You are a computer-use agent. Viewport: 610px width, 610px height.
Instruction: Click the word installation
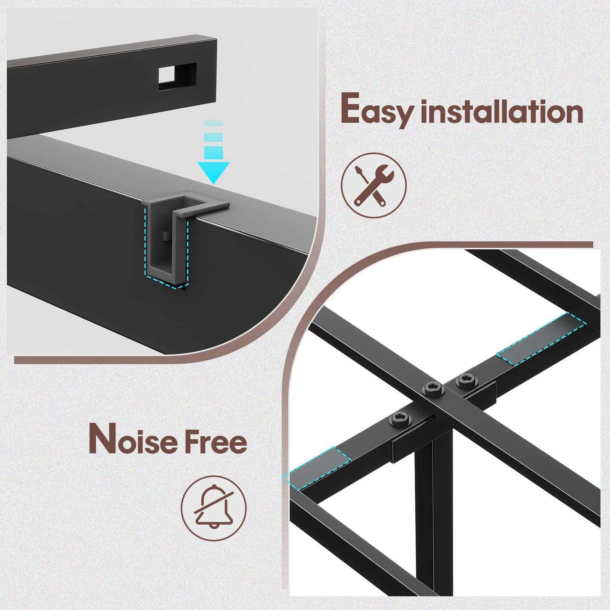tap(502, 111)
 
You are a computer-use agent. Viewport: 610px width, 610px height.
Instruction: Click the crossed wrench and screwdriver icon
tap(373, 185)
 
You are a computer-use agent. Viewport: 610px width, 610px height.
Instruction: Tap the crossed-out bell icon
tap(213, 508)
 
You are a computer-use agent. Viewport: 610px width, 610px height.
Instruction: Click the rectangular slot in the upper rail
tap(177, 76)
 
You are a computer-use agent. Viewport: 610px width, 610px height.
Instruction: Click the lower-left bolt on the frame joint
tap(400, 419)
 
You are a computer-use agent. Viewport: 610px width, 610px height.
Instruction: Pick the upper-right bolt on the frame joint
tap(466, 380)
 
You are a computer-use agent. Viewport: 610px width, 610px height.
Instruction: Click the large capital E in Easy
tap(351, 108)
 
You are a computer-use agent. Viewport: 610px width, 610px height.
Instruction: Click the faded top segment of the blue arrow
tap(213, 123)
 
